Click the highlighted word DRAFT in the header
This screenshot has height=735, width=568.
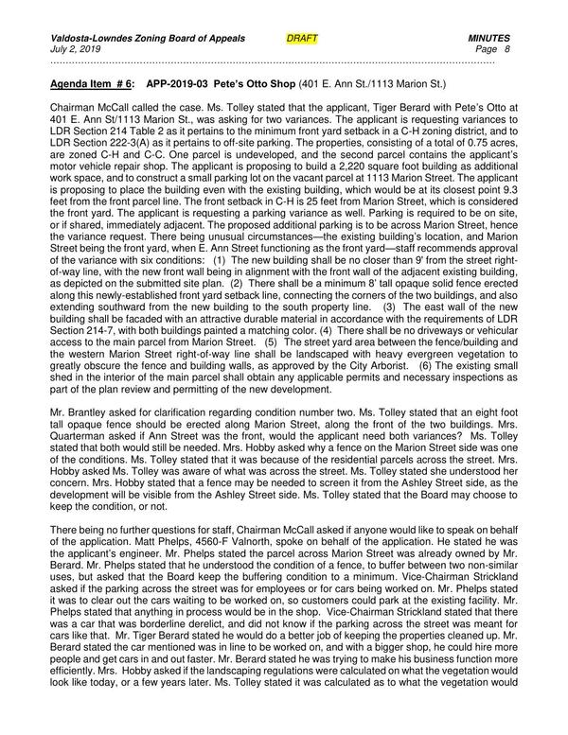click(x=301, y=37)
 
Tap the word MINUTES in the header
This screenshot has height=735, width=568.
click(x=489, y=37)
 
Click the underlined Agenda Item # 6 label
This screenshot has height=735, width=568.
click(x=92, y=83)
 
